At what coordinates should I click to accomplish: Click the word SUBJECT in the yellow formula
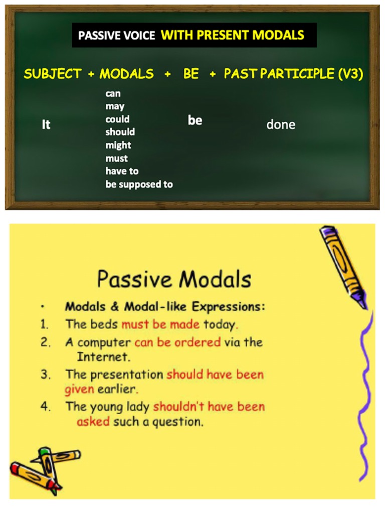(52, 74)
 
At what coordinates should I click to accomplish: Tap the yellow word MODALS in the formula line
(126, 74)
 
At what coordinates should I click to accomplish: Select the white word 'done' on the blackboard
(281, 124)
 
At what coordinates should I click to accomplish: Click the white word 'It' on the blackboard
(46, 124)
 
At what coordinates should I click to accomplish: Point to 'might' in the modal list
(118, 145)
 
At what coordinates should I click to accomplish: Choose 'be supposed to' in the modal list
(139, 184)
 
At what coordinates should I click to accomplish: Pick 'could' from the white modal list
(117, 119)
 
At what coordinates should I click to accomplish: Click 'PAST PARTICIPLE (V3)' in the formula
(293, 74)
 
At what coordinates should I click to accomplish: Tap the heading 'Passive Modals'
(173, 279)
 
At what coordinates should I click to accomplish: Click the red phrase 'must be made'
(160, 324)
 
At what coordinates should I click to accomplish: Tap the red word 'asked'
(93, 422)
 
